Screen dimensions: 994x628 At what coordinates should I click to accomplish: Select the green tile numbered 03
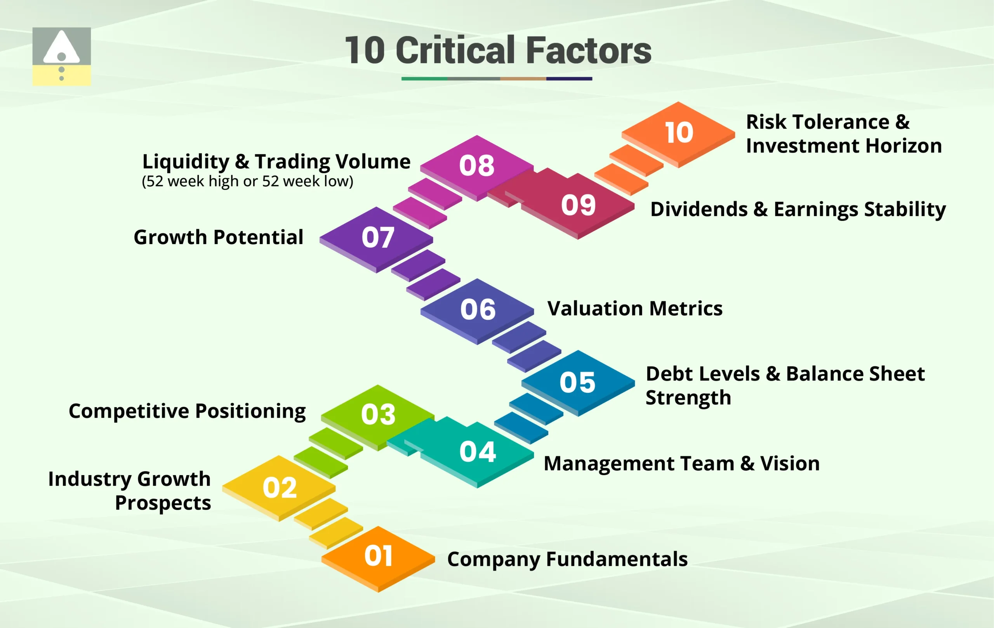pos(378,417)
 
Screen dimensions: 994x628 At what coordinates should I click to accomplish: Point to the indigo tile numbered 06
pos(477,311)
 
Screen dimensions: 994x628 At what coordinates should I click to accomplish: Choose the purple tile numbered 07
pos(377,239)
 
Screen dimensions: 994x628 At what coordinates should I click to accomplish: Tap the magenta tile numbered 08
pos(477,168)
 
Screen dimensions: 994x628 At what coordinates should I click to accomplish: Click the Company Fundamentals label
pos(568,560)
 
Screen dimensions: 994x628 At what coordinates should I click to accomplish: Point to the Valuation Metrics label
pos(635,309)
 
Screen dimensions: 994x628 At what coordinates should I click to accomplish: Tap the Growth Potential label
pos(218,237)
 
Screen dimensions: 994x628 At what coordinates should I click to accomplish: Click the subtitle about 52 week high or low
pos(248,182)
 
